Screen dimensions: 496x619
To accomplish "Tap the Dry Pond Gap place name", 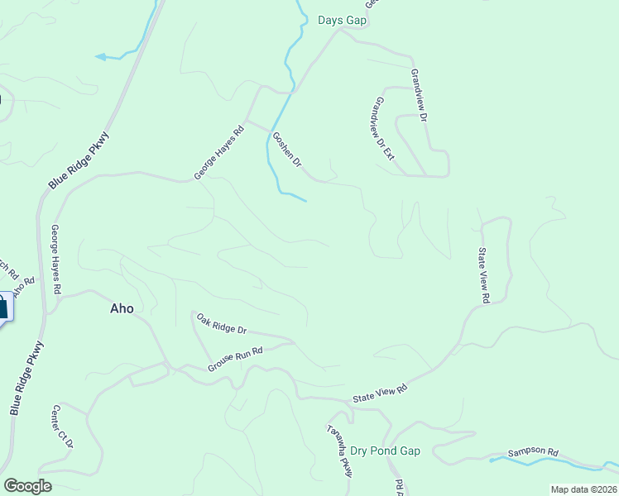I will point(386,451).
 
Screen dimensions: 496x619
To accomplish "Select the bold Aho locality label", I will point(122,308).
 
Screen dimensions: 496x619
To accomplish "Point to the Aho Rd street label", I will point(26,281).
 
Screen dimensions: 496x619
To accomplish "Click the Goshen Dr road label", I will point(288,150).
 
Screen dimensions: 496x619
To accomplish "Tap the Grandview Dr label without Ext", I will point(418,95).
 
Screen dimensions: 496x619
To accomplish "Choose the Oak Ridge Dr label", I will point(221,323).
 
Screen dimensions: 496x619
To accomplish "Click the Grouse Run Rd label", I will point(235,358).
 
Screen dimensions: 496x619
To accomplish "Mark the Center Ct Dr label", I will point(63,427).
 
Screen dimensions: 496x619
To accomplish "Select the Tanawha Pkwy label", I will point(340,451).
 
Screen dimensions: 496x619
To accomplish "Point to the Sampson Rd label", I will point(533,452).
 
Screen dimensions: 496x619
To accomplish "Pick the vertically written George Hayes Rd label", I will point(56,260).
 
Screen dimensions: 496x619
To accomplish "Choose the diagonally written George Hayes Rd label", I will point(219,152).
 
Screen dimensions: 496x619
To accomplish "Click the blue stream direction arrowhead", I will point(100,57).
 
